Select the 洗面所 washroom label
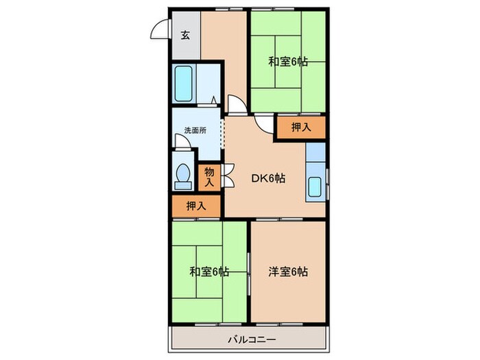[195, 130]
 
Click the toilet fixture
[182, 177]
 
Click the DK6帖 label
[267, 179]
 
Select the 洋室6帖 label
[288, 272]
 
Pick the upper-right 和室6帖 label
[288, 62]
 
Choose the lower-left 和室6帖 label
[210, 272]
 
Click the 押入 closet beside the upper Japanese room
[300, 127]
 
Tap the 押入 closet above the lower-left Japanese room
[196, 204]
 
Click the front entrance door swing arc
[160, 32]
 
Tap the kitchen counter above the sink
[315, 158]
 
